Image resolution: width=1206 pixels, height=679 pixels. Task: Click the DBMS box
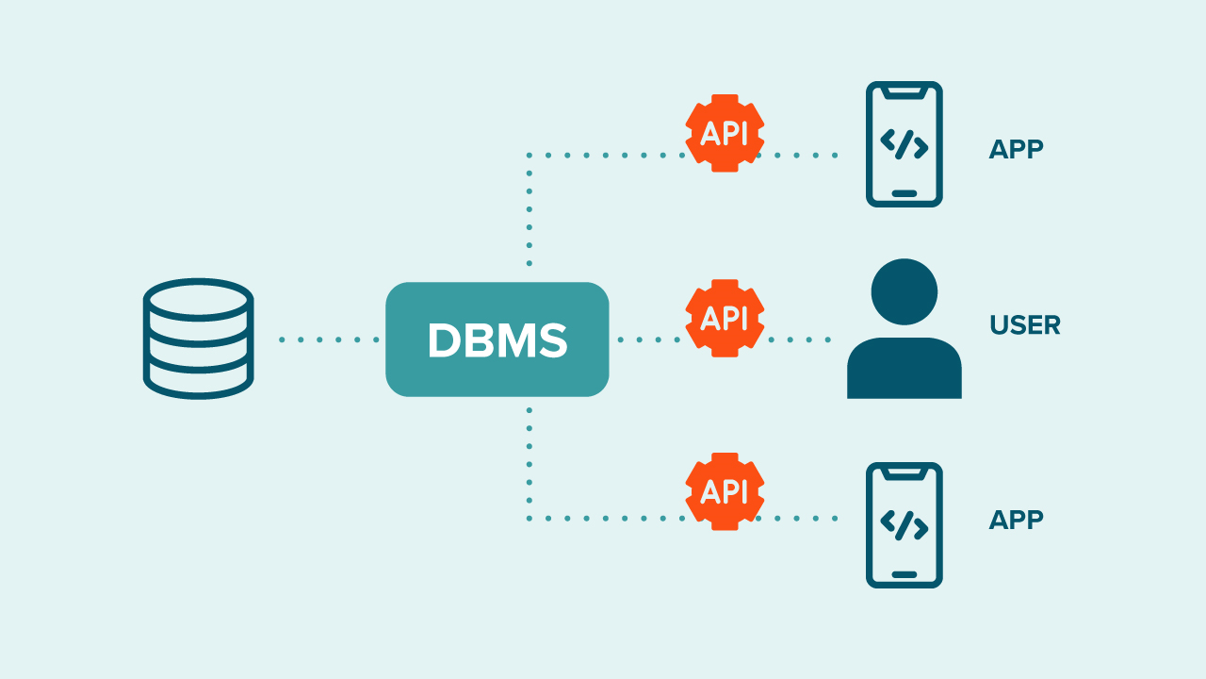[x=497, y=339]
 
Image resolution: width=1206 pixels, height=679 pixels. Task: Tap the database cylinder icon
[x=198, y=339]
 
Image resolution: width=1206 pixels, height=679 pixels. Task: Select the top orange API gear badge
[x=724, y=133]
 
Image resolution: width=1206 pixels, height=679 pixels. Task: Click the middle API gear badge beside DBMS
[x=724, y=318]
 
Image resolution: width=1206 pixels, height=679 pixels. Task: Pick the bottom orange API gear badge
[x=724, y=491]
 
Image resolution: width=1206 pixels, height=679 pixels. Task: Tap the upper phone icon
[x=904, y=144]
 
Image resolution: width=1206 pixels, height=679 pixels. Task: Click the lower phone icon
[x=904, y=525]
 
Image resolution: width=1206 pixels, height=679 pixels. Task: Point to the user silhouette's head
[x=904, y=291]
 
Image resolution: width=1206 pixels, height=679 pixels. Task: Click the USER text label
[x=1025, y=325]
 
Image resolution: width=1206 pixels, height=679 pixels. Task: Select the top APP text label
[x=1016, y=149]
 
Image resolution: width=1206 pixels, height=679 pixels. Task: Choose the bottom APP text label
[x=1016, y=520]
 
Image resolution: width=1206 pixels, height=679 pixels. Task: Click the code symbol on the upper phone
[x=904, y=144]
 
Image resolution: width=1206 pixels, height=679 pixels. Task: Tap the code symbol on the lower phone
[x=904, y=525]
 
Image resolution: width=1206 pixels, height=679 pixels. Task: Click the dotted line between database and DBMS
[x=329, y=339]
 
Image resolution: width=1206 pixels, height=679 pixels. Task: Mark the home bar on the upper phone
[x=904, y=193]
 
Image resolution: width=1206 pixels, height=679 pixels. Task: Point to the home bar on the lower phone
[x=904, y=574]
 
